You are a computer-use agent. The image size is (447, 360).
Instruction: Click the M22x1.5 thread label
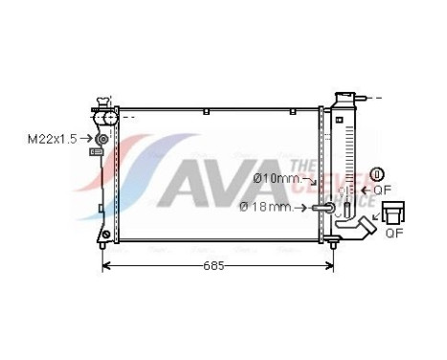click(x=50, y=139)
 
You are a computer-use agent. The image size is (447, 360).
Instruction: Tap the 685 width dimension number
click(x=213, y=265)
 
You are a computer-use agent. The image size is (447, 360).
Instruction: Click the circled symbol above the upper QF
click(x=377, y=174)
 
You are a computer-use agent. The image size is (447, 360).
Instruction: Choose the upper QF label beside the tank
click(x=383, y=191)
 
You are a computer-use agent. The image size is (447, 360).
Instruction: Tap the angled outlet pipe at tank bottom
click(x=362, y=229)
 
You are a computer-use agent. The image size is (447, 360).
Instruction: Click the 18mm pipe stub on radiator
click(x=324, y=206)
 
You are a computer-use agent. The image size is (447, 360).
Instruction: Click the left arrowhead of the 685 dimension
click(x=105, y=265)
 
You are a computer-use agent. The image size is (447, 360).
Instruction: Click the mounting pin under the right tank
click(x=331, y=245)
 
